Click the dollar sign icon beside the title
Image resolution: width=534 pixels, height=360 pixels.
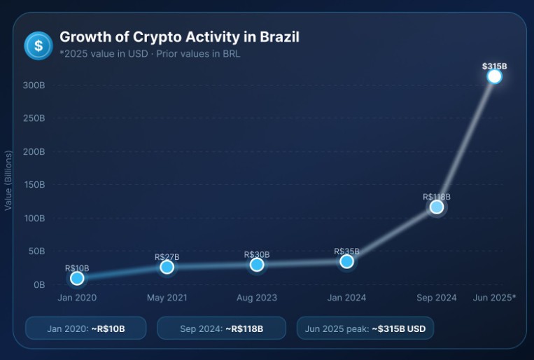click(x=38, y=46)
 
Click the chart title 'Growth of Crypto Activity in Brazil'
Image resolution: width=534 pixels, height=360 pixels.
click(x=179, y=37)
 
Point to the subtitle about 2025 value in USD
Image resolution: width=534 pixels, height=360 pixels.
click(x=150, y=54)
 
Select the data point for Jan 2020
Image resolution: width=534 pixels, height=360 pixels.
click(x=77, y=278)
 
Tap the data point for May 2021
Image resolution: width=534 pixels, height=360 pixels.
click(x=167, y=267)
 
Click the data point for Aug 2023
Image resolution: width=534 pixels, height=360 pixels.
click(x=257, y=264)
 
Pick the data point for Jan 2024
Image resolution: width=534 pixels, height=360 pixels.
click(x=346, y=261)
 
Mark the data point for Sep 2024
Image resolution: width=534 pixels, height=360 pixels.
click(x=437, y=207)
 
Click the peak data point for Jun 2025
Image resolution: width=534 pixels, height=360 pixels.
click(x=494, y=76)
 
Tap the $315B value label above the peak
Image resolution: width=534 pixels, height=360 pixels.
click(x=494, y=66)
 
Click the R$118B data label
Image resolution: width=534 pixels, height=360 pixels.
click(x=437, y=197)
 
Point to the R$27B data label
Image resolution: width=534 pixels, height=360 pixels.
click(x=167, y=257)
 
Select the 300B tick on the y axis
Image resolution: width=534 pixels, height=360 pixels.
click(x=34, y=85)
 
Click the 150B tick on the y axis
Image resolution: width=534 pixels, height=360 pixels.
click(x=34, y=185)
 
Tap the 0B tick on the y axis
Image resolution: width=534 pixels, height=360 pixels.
click(x=38, y=284)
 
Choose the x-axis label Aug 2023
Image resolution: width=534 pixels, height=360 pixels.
click(x=256, y=298)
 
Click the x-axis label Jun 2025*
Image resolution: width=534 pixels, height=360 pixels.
click(x=494, y=298)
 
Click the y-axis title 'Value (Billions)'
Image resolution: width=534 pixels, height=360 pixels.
click(x=8, y=180)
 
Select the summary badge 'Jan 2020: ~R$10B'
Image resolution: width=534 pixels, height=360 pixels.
click(x=85, y=328)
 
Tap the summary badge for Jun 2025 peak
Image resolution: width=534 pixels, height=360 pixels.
click(x=365, y=328)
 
